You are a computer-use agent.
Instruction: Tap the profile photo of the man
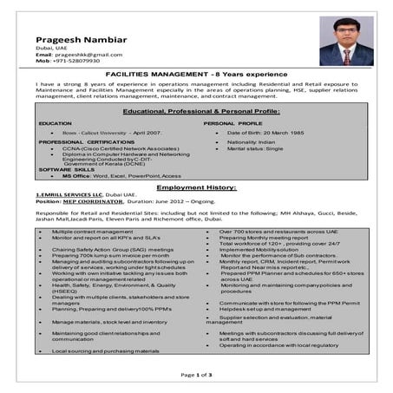click(x=345, y=41)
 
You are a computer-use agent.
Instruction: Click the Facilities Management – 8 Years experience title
click(x=195, y=75)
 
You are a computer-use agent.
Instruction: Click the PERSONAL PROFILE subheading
click(x=233, y=124)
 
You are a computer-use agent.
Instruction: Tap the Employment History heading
click(x=195, y=187)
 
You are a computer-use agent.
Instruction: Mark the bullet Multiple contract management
click(x=93, y=233)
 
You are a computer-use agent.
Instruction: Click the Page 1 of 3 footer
click(x=196, y=374)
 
